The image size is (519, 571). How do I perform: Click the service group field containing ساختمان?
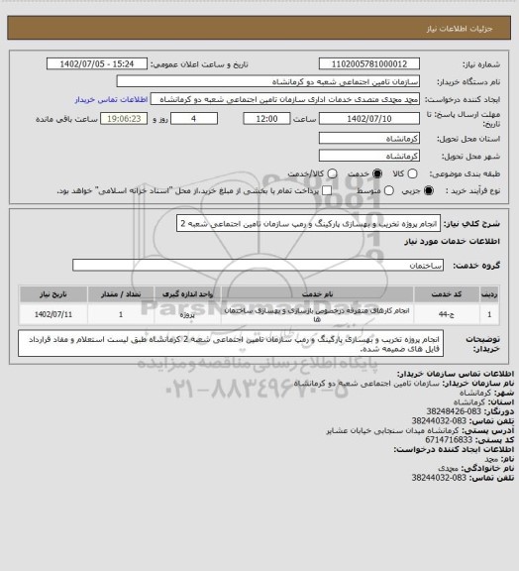258,266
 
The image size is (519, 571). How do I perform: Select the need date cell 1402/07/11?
53,314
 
